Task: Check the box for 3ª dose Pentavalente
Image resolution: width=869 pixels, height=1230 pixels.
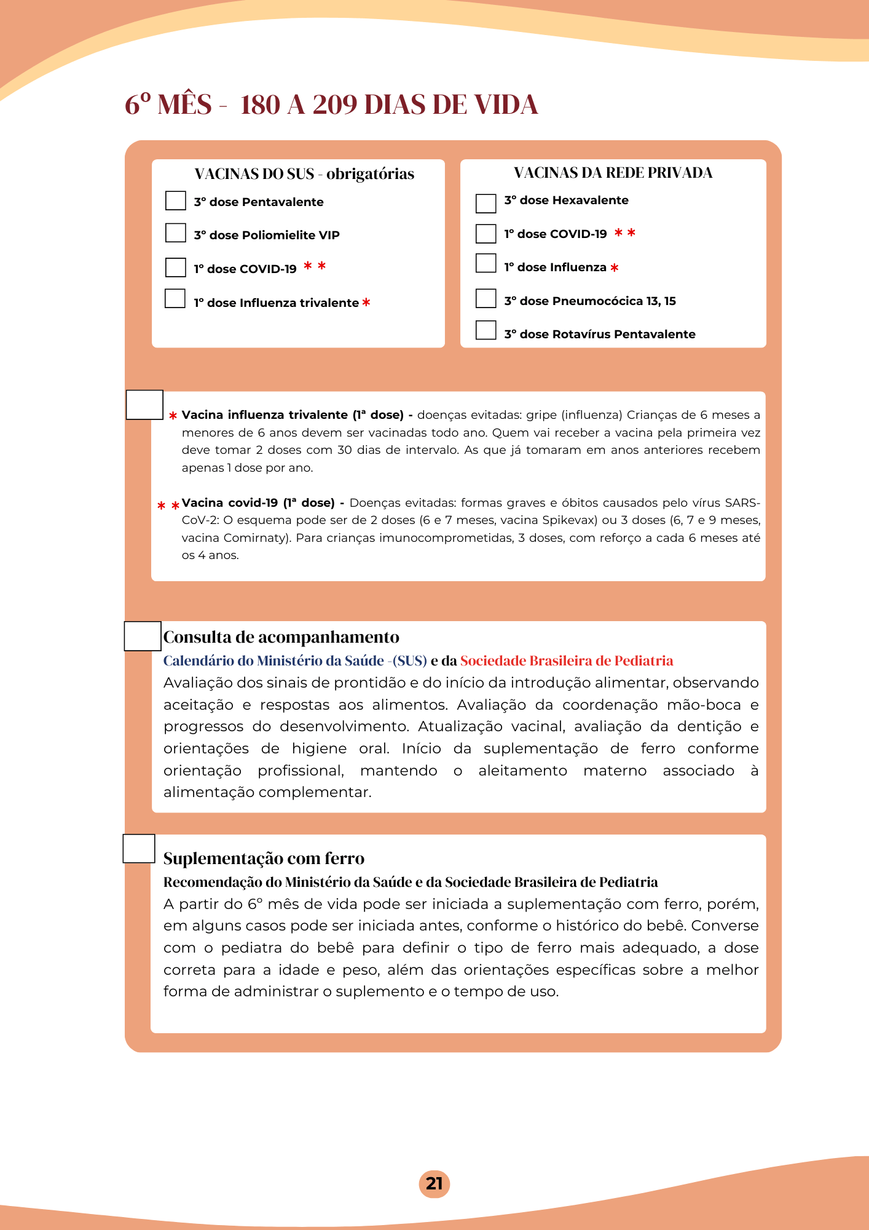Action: pos(176,201)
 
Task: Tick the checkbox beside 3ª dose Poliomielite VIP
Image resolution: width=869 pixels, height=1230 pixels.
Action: pos(176,233)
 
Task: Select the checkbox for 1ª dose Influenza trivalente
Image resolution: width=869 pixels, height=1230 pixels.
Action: pos(175,299)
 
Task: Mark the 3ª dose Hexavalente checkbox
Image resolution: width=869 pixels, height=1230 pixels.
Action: pos(486,204)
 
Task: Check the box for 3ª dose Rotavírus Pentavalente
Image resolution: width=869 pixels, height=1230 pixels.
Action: pos(486,330)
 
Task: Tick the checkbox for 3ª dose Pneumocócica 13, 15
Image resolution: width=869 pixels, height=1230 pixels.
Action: pos(486,299)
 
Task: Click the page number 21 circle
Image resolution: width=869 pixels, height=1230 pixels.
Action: pos(434,1184)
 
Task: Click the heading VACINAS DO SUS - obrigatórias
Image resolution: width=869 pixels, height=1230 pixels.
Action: pos(304,174)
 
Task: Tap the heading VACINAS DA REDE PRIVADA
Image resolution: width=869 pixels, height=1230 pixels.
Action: pos(613,173)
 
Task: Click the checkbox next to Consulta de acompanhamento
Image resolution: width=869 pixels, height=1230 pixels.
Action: pos(143,637)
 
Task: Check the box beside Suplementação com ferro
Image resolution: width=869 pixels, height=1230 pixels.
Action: pos(139,849)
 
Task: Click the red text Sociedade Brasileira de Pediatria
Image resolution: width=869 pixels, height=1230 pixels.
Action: pos(566,661)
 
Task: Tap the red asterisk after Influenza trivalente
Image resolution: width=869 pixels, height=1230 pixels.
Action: pos(366,303)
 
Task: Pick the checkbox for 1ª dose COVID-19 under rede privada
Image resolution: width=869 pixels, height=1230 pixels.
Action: pos(486,234)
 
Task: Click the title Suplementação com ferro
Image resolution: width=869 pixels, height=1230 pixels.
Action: pos(264,859)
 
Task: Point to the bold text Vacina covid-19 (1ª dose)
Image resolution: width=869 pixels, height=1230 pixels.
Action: pos(258,503)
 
